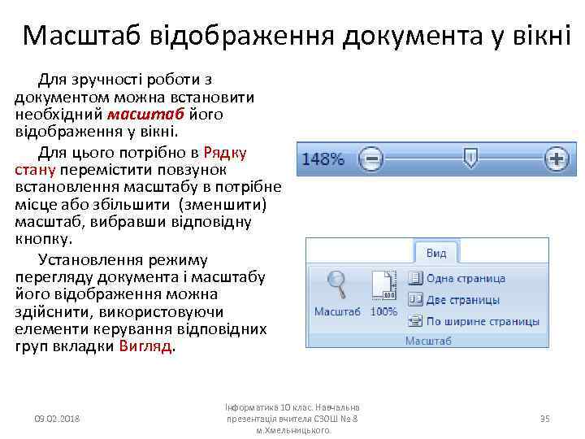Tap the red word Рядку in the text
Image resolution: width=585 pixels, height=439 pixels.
point(225,152)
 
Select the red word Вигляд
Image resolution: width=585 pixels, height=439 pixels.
point(145,346)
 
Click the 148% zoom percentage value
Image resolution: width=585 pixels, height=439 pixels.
point(323,159)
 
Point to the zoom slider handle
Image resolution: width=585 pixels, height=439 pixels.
point(470,158)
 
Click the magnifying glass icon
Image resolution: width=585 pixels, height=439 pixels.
point(336,285)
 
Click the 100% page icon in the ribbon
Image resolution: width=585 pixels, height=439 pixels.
point(383,287)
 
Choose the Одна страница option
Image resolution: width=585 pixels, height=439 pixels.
point(465,278)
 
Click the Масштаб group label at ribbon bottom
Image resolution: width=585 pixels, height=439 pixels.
point(428,341)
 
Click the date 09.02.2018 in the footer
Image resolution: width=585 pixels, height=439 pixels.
point(63,419)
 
